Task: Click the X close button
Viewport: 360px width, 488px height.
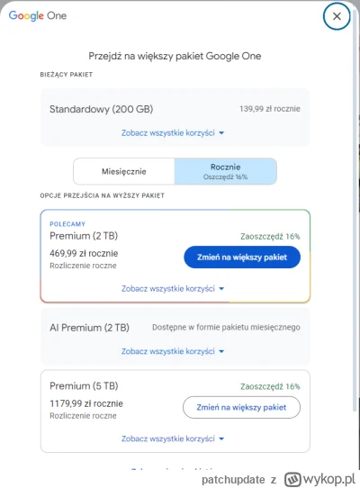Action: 337,16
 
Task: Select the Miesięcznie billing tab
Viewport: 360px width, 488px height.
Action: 123,171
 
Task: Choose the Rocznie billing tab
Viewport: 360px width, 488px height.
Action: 225,171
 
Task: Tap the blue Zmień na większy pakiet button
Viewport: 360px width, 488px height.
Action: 242,257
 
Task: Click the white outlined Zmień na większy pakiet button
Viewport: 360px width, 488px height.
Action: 242,407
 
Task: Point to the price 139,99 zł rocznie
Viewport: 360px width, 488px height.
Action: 271,109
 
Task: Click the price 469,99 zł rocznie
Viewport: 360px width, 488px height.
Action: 84,253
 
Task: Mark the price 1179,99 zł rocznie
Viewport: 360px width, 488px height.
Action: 86,403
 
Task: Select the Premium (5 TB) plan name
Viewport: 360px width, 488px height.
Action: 88,385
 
